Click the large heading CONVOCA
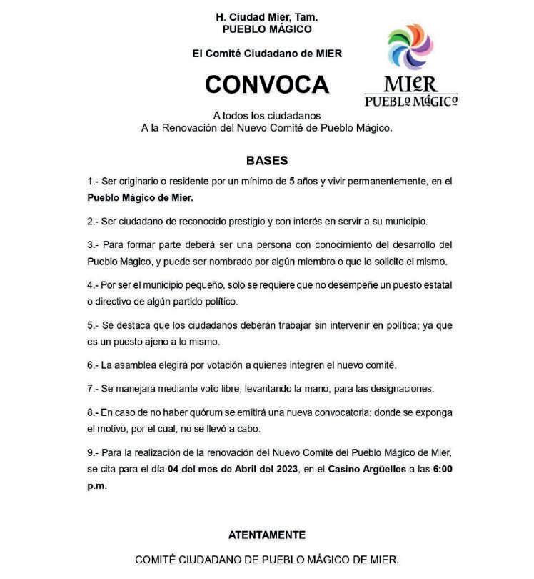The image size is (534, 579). point(267,84)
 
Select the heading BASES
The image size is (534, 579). point(267,161)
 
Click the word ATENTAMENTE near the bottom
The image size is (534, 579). point(267,535)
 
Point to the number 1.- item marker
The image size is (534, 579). point(93,182)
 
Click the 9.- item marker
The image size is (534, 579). point(93,454)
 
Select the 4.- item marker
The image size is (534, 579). point(93,285)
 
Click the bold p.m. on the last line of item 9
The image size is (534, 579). point(97,485)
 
